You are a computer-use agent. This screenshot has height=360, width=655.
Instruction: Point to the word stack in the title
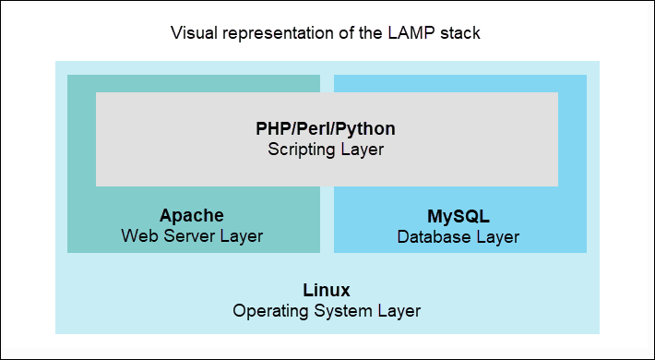461,33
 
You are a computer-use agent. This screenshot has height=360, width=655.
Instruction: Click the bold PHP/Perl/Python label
327,128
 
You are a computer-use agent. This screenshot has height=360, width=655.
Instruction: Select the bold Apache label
192,215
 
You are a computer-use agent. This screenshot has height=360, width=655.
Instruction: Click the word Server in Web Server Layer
187,236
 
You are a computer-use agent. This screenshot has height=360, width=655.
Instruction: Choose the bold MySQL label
458,217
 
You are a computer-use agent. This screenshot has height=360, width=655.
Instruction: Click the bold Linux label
327,289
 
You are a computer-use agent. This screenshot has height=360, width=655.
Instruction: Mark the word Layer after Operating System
399,310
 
